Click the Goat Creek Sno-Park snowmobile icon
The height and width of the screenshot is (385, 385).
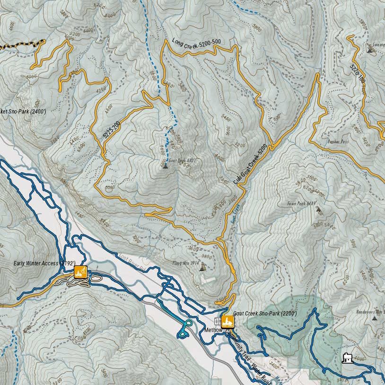click(227, 321)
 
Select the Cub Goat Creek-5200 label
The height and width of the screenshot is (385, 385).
click(251, 164)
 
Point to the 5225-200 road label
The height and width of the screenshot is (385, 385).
click(112, 129)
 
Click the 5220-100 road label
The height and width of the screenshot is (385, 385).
click(358, 73)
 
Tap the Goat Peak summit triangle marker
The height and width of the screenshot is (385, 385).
click(165, 166)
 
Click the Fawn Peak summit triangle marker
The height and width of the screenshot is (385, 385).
click(318, 209)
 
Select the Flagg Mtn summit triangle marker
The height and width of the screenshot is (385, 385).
click(202, 268)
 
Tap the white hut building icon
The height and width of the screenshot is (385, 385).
click(348, 358)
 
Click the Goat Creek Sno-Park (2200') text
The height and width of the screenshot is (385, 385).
click(265, 313)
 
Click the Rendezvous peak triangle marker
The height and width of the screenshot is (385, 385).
click(375, 318)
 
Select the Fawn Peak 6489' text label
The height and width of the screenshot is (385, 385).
click(301, 204)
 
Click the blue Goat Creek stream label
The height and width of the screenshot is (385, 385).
click(236, 213)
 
